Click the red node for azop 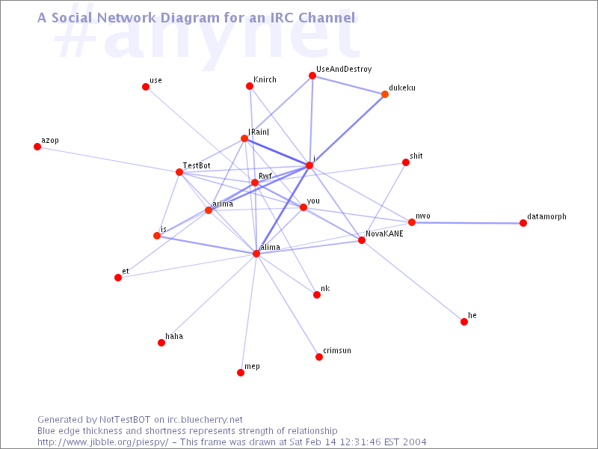pyautogui.click(x=37, y=147)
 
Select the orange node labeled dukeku pyautogui.click(x=385, y=94)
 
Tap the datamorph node pyautogui.click(x=523, y=223)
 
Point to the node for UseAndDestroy pyautogui.click(x=312, y=76)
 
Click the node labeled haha pyautogui.click(x=161, y=343)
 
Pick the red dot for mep pyautogui.click(x=241, y=373)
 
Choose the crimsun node pyautogui.click(x=319, y=357)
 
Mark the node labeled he pyautogui.click(x=464, y=322)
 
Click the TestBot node pyautogui.click(x=179, y=172)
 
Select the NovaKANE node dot pyautogui.click(x=362, y=240)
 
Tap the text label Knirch pyautogui.click(x=265, y=79)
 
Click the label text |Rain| pyautogui.click(x=259, y=132)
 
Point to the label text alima pyautogui.click(x=271, y=247)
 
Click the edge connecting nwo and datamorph pyautogui.click(x=468, y=222)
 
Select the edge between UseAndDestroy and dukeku pyautogui.click(x=348, y=85)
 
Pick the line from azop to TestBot pyautogui.click(x=108, y=159)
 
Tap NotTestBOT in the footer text pyautogui.click(x=125, y=420)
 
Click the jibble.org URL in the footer pyautogui.click(x=102, y=442)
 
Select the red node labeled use pyautogui.click(x=146, y=87)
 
